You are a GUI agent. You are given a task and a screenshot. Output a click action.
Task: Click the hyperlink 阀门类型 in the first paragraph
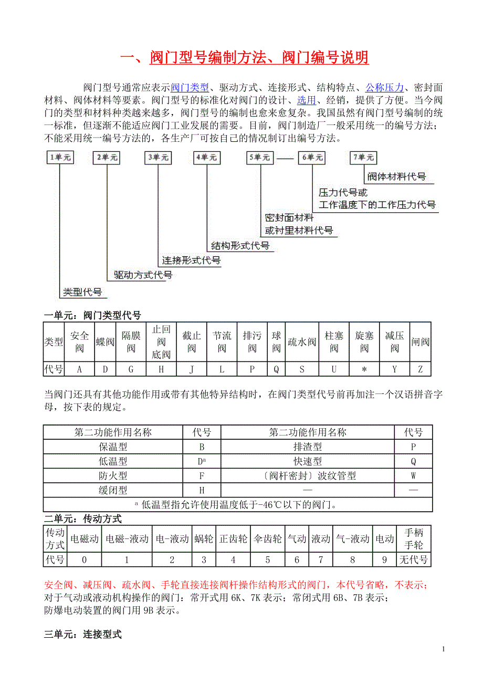(x=190, y=88)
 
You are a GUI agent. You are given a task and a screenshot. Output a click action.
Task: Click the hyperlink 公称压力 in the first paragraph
(x=385, y=88)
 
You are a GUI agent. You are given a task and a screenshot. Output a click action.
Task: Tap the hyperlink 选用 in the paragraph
(x=307, y=100)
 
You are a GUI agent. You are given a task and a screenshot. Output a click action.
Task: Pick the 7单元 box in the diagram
(x=363, y=157)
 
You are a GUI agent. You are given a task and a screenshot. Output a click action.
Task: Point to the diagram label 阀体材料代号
(x=396, y=177)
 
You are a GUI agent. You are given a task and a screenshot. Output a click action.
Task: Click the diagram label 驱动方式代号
(x=143, y=275)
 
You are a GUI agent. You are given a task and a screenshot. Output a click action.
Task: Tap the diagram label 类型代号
(x=82, y=292)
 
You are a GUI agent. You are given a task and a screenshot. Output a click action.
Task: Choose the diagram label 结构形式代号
(x=240, y=245)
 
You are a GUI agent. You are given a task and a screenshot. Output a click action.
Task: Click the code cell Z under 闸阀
(x=420, y=369)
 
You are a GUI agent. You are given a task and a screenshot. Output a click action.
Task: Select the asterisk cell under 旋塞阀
(x=364, y=369)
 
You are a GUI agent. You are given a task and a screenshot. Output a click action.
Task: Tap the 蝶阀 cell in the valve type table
(x=105, y=342)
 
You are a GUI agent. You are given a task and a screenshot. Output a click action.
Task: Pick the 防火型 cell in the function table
(x=113, y=476)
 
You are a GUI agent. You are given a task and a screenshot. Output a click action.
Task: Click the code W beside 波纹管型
(x=413, y=476)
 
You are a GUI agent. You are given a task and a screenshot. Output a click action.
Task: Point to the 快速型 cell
(x=307, y=462)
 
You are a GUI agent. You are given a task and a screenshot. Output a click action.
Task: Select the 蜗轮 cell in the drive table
(x=204, y=538)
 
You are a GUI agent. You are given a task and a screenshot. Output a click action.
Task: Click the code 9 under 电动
(x=384, y=559)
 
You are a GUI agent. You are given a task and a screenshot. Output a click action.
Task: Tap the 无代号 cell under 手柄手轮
(x=413, y=559)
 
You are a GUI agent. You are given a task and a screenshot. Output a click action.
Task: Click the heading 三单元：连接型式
(x=83, y=635)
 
